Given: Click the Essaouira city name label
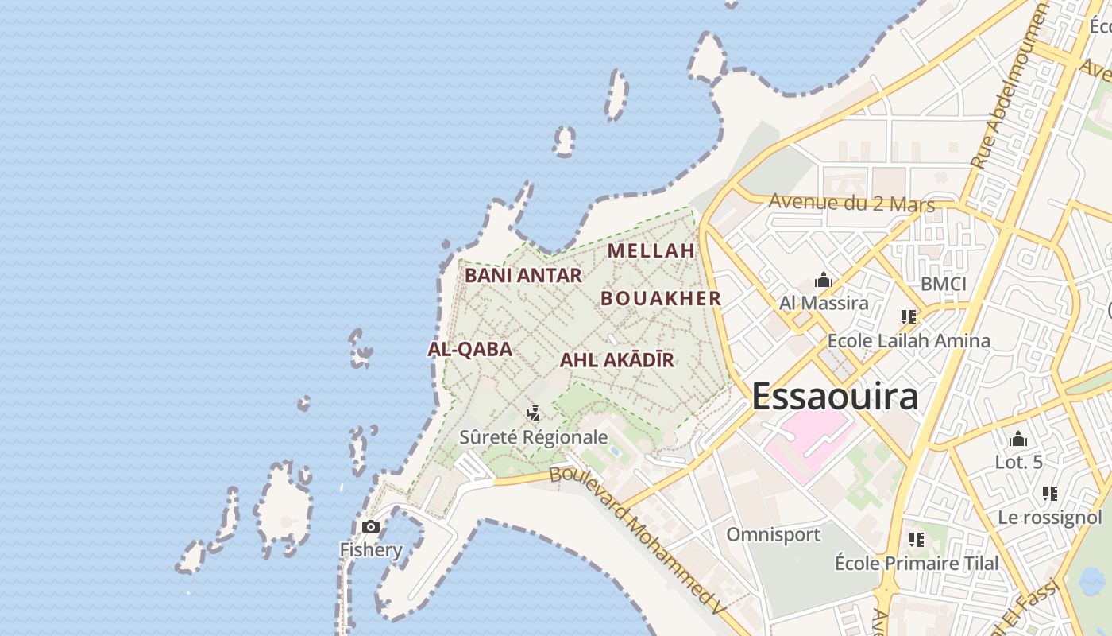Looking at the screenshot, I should point(834,396).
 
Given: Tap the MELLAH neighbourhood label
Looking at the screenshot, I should point(651,250).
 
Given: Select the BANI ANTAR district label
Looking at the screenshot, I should point(523,276).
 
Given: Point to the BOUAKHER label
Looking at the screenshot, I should point(660,298).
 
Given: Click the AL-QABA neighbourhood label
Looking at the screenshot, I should point(469,349).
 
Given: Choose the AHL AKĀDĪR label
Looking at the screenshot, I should point(616,360).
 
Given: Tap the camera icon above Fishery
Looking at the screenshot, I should point(370,526).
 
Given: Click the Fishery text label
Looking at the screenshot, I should point(371,549).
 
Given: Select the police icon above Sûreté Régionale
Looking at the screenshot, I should point(534,413).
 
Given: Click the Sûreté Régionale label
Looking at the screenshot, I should point(534,437).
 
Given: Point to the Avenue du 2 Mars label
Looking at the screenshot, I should point(851,204).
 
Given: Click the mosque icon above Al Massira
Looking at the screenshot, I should point(823,281).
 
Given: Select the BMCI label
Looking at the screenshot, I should point(943,284).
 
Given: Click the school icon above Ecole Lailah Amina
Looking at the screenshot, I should point(909,317).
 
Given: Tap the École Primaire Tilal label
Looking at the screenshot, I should point(917,563).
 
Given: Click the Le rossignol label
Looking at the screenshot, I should point(1049,518).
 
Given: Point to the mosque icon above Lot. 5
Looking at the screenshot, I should point(1017,439).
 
